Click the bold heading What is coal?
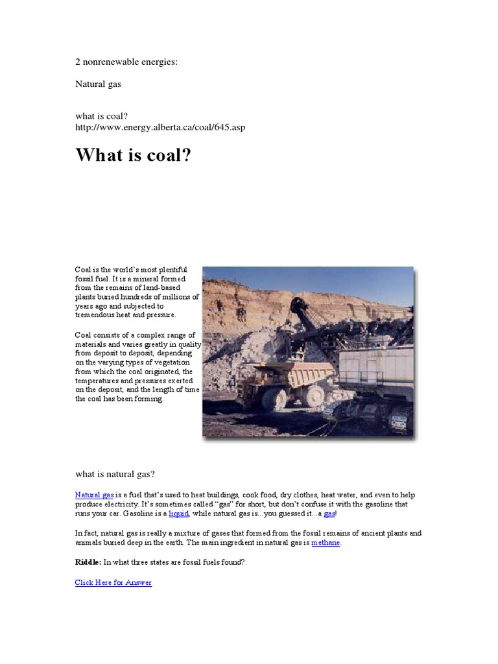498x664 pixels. (134, 156)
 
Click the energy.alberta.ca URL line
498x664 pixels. (160, 127)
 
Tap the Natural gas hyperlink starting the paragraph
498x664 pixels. (94, 495)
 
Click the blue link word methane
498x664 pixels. (326, 542)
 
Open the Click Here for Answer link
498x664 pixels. (113, 582)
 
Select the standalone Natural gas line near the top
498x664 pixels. (98, 84)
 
